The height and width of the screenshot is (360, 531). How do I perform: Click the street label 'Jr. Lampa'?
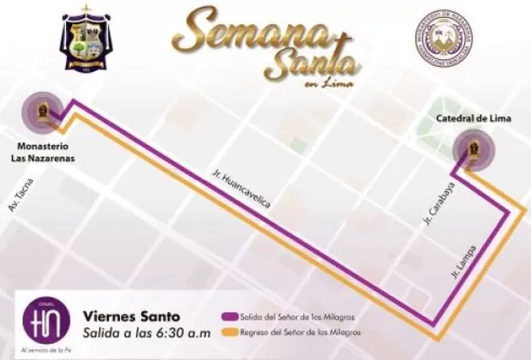(462, 262)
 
